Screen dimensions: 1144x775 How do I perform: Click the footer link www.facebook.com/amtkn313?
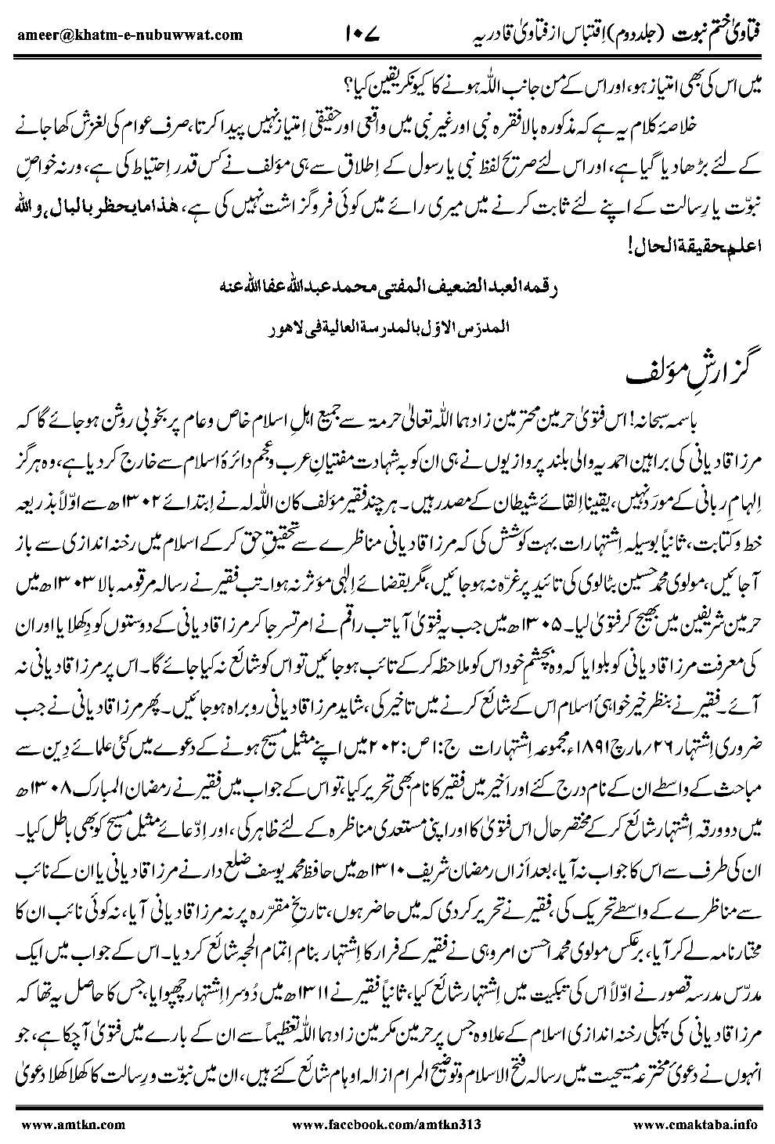point(390,1124)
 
